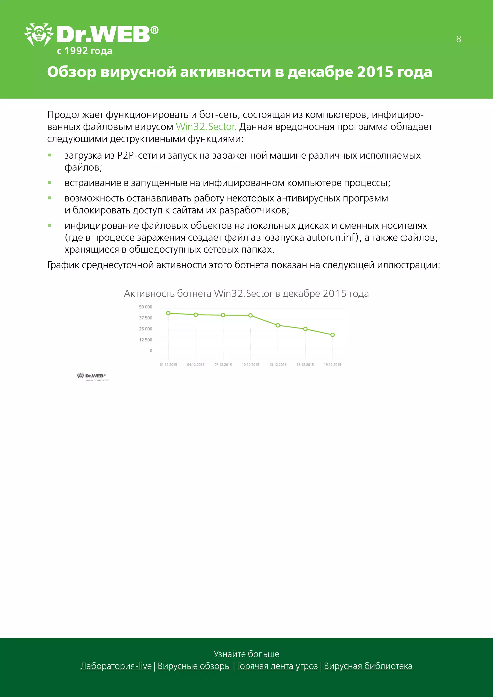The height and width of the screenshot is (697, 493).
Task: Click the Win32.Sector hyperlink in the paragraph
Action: click(x=206, y=127)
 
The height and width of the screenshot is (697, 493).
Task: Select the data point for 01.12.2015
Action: click(x=169, y=313)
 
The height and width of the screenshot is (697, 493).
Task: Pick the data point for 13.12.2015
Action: click(x=278, y=325)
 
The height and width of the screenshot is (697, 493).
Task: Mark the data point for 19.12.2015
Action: click(x=332, y=335)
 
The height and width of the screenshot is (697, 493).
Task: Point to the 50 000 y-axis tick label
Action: click(x=145, y=307)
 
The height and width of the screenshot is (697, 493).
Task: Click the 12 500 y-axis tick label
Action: click(x=145, y=340)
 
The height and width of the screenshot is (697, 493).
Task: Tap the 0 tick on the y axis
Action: click(x=151, y=351)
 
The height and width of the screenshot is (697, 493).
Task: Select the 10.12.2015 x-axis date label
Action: click(x=250, y=364)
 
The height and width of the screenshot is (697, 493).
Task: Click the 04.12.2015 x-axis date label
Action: click(x=196, y=364)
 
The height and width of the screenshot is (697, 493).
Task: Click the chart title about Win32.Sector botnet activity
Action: click(x=246, y=294)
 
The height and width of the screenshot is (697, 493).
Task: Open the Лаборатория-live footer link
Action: click(x=116, y=666)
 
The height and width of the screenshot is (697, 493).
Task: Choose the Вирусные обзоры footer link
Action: click(x=194, y=666)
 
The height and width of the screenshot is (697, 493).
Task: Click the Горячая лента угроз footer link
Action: click(x=277, y=666)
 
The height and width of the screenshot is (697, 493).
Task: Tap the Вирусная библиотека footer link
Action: click(x=368, y=666)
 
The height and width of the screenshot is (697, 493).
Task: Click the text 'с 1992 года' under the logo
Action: click(x=85, y=51)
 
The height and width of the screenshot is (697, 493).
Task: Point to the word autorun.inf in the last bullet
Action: click(x=331, y=237)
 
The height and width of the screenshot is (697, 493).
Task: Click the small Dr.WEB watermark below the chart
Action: click(x=93, y=377)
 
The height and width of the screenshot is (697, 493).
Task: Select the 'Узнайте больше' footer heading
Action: click(x=246, y=654)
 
